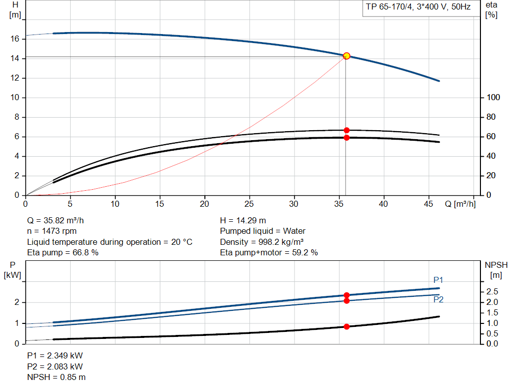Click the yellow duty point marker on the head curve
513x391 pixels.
[x=346, y=56]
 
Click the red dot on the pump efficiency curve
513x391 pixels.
[x=346, y=130]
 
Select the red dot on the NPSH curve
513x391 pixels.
[x=346, y=326]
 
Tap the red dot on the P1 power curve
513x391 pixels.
[x=346, y=295]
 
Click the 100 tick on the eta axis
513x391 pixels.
[x=493, y=98]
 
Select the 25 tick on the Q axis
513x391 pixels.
[x=249, y=204]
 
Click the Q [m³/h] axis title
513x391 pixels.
[x=460, y=204]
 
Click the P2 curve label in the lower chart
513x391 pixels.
[x=438, y=299]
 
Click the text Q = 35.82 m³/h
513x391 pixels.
[x=59, y=221]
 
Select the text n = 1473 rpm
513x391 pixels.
[x=53, y=231]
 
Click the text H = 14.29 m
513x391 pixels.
[x=243, y=221]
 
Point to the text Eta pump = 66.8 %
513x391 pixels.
[x=63, y=253]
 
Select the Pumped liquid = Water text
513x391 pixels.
[x=263, y=231]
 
